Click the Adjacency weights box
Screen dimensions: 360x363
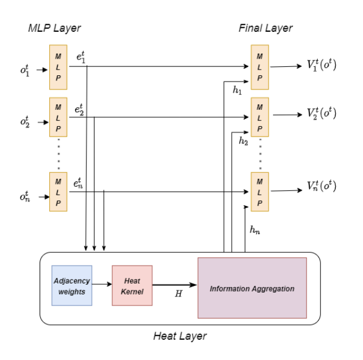[x=71, y=285]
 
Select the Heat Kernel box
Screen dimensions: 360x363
[x=132, y=285]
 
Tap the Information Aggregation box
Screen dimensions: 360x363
[x=252, y=288]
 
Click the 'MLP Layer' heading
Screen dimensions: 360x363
[x=55, y=28]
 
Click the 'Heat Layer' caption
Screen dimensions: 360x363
[x=180, y=336]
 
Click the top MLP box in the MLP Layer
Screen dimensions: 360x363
[x=58, y=67]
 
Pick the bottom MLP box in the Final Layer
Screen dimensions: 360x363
[x=260, y=191]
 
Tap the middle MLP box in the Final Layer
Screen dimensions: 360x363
[x=260, y=118]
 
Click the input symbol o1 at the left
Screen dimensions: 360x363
[x=25, y=70]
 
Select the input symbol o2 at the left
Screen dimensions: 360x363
[x=25, y=121]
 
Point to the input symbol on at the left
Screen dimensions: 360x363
[x=25, y=196]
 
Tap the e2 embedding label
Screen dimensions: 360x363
[x=80, y=110]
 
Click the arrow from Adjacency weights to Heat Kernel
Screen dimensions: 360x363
[x=102, y=285]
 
